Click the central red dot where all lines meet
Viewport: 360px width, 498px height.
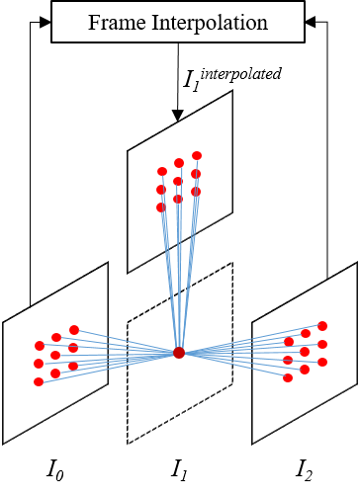pyautogui.click(x=179, y=353)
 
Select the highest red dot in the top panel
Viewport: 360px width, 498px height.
pyautogui.click(x=197, y=155)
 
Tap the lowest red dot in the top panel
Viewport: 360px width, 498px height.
pyautogui.click(x=161, y=207)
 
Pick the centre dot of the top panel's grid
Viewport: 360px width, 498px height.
pyautogui.click(x=178, y=181)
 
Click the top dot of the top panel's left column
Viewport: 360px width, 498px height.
pyautogui.click(x=162, y=171)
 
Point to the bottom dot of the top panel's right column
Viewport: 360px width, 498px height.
pyautogui.click(x=196, y=192)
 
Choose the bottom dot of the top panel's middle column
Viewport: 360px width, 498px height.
pyautogui.click(x=178, y=199)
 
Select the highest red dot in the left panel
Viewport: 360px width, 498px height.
pyautogui.click(x=74, y=330)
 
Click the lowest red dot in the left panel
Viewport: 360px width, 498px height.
pyautogui.click(x=39, y=381)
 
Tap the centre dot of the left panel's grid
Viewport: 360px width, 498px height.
pyautogui.click(x=55, y=355)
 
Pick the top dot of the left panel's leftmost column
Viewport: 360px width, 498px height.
pyautogui.click(x=40, y=346)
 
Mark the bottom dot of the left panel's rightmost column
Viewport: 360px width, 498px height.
pyautogui.click(x=73, y=366)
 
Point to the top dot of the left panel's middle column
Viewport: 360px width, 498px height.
pyautogui.click(x=56, y=337)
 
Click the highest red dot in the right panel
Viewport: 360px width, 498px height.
pyautogui.click(x=322, y=326)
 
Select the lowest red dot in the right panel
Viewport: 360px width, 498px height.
pyautogui.click(x=288, y=377)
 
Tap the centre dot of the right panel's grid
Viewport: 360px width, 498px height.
pyautogui.click(x=305, y=352)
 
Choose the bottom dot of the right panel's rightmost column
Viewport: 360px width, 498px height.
pyautogui.click(x=322, y=362)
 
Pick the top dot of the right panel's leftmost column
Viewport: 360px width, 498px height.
pyautogui.click(x=289, y=342)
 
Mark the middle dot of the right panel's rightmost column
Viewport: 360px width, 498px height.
pyautogui.click(x=322, y=344)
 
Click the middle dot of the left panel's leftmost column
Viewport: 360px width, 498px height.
pyautogui.click(x=39, y=364)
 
